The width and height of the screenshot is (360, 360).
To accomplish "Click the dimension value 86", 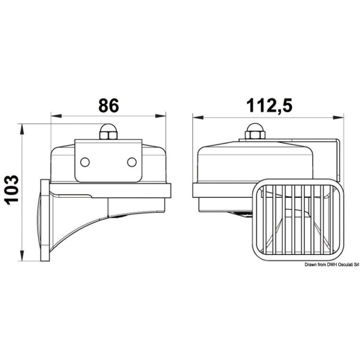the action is pos(109,105).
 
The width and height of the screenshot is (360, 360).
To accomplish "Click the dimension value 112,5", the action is pos(270,106).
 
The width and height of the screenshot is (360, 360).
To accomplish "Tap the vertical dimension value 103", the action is pos(11,190).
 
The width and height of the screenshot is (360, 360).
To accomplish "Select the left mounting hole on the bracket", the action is pos(85,162).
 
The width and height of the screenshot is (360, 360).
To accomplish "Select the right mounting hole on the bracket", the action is pos(132,162).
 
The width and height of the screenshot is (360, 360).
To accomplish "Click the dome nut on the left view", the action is pos(108,132).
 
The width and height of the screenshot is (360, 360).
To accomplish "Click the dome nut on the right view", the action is pos(255,131).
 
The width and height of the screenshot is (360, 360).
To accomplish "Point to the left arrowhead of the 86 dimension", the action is pos(56,116).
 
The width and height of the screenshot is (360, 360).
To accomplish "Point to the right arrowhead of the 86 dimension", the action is pos(160,116).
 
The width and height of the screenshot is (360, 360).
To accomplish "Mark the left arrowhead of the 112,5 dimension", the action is pos(198,117).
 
